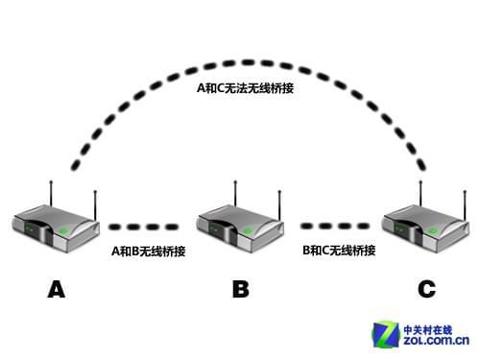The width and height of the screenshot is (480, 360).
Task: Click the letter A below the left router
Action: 56,288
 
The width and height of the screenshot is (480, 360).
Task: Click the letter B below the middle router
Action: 240,288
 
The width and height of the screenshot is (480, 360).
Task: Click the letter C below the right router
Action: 425,288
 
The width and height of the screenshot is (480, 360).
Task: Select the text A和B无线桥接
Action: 148,252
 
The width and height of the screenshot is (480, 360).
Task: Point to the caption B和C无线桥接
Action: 338,251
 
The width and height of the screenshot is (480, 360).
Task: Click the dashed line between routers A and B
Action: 144,228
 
